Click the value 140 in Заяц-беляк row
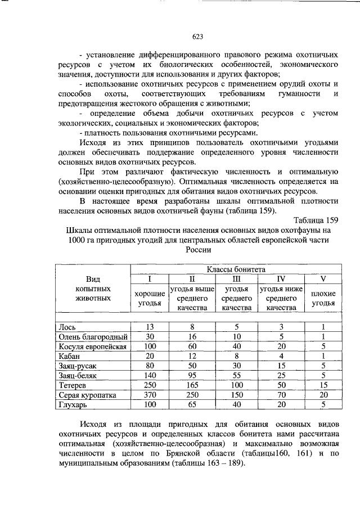tap(150, 376)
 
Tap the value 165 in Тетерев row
tap(192, 385)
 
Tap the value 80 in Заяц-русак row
tap(150, 366)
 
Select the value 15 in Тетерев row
tap(323, 385)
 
